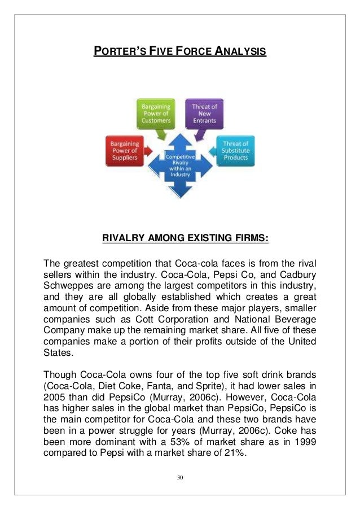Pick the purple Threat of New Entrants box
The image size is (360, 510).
click(205, 112)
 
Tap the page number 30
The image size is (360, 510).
click(180, 477)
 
